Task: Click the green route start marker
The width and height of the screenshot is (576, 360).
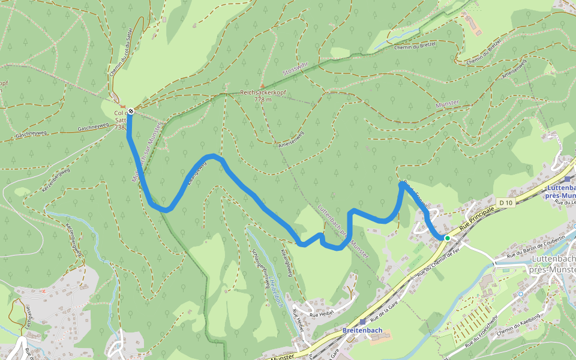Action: click(x=447, y=238)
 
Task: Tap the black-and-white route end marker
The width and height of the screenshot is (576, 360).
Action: click(x=130, y=111)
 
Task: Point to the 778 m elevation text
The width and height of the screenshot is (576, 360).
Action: click(x=263, y=100)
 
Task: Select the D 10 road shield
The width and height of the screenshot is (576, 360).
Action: click(x=505, y=203)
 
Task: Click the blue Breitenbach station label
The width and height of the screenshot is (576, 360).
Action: click(x=362, y=331)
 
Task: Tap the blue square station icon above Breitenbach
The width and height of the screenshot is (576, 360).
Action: click(x=362, y=322)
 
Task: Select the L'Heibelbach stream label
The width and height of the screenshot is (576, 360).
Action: click(x=275, y=292)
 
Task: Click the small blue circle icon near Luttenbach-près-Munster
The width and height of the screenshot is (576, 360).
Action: click(x=520, y=293)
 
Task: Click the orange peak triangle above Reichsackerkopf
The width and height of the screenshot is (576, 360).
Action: click(x=262, y=86)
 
